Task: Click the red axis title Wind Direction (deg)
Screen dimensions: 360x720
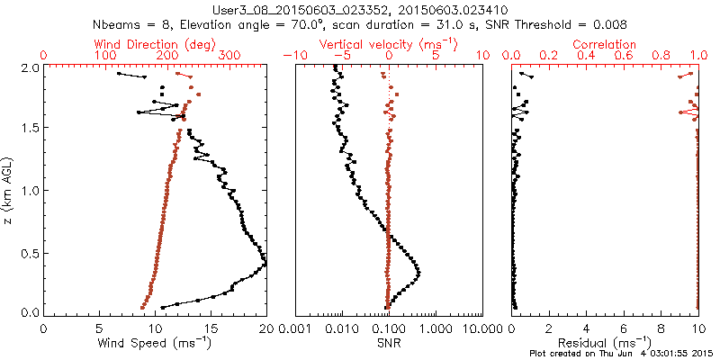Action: pyautogui.click(x=157, y=44)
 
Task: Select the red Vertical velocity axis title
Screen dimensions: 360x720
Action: pyautogui.click(x=389, y=44)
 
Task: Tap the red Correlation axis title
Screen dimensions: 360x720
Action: pyautogui.click(x=605, y=44)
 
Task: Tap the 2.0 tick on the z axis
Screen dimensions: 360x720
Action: pyautogui.click(x=29, y=67)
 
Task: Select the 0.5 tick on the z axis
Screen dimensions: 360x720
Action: pyautogui.click(x=29, y=252)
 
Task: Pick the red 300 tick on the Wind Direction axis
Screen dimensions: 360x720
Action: pyautogui.click(x=230, y=56)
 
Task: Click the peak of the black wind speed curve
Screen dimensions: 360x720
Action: pyautogui.click(x=265, y=262)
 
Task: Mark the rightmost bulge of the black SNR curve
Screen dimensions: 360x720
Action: pyautogui.click(x=419, y=271)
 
